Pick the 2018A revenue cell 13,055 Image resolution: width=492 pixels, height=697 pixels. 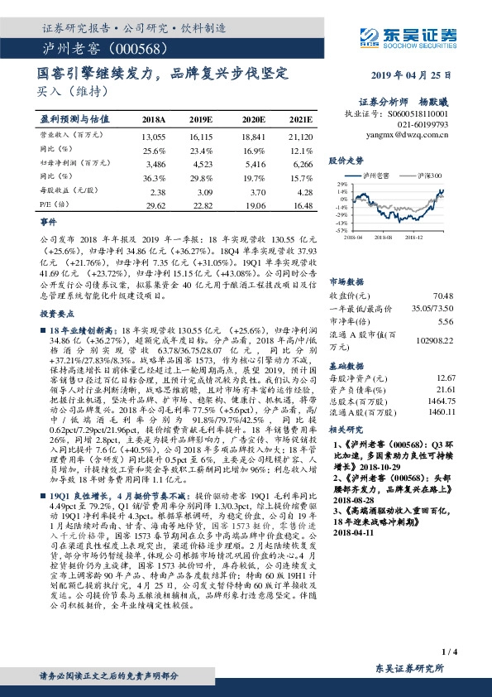[x=154, y=136]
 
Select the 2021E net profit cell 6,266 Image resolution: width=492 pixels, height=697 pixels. [x=301, y=166]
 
